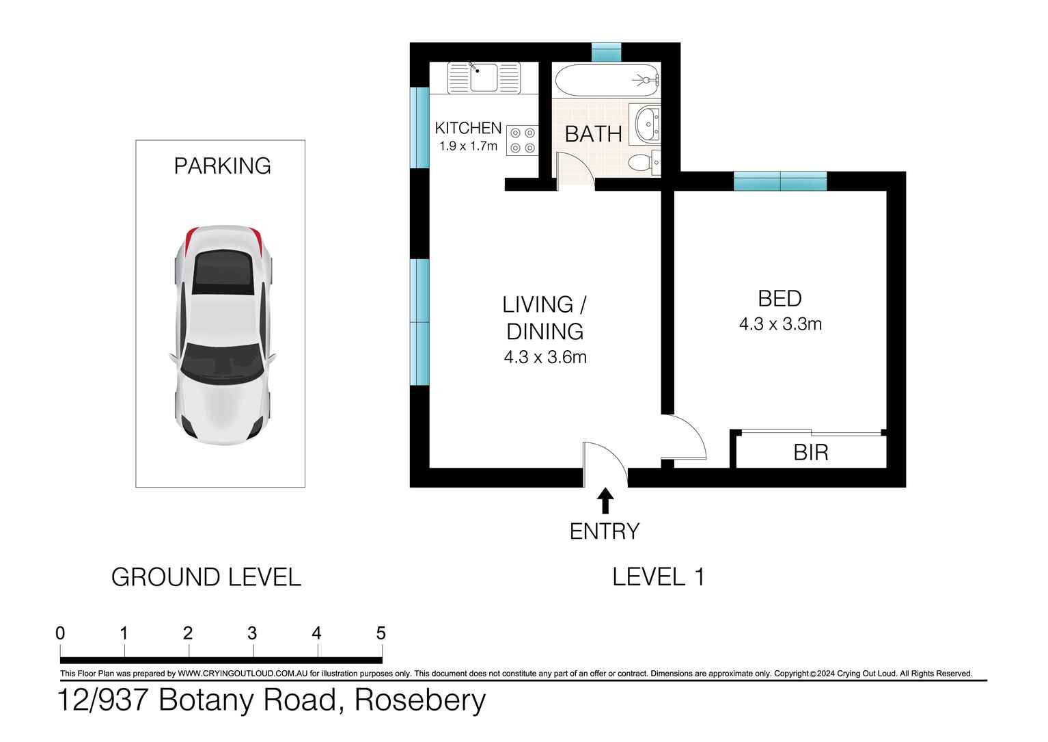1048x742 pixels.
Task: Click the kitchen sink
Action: pyautogui.click(x=484, y=78)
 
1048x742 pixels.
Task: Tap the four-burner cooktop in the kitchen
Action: pyautogui.click(x=522, y=140)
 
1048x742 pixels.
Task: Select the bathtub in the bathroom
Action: pyautogui.click(x=607, y=80)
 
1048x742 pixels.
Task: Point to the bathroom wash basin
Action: pyautogui.click(x=648, y=124)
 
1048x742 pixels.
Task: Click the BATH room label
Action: pyautogui.click(x=593, y=134)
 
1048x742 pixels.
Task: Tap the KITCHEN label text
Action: pyautogui.click(x=468, y=128)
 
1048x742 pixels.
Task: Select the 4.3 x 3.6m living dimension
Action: pyautogui.click(x=545, y=357)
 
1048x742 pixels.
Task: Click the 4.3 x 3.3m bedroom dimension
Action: pyautogui.click(x=780, y=323)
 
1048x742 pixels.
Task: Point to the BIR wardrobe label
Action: pyautogui.click(x=811, y=453)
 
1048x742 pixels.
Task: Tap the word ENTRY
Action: pyautogui.click(x=605, y=531)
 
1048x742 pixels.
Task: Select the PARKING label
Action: pyautogui.click(x=222, y=166)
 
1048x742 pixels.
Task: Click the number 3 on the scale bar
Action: pyautogui.click(x=252, y=634)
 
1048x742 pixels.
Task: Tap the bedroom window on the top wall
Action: pyautogui.click(x=780, y=181)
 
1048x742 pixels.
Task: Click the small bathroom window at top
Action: pyautogui.click(x=606, y=52)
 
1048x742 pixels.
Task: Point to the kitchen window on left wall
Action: pyautogui.click(x=419, y=128)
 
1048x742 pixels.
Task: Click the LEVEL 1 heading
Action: pyautogui.click(x=658, y=577)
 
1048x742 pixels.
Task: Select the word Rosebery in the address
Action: pyautogui.click(x=420, y=700)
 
